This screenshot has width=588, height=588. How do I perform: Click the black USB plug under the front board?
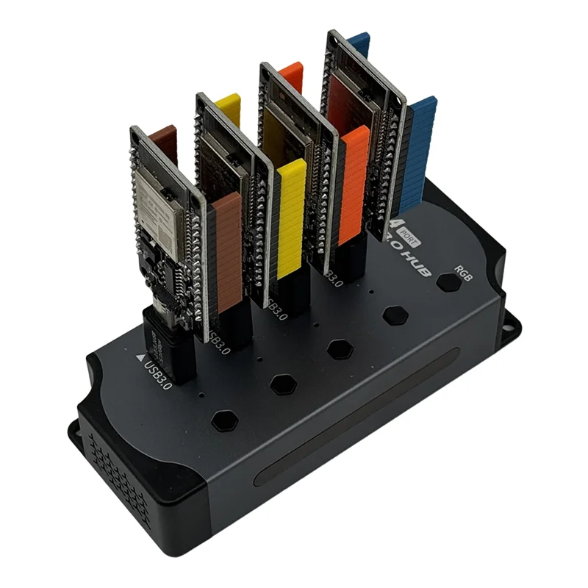click(x=168, y=345)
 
